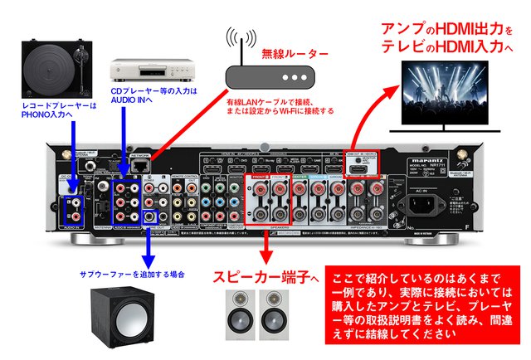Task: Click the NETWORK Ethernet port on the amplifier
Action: pyautogui.click(x=141, y=164)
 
